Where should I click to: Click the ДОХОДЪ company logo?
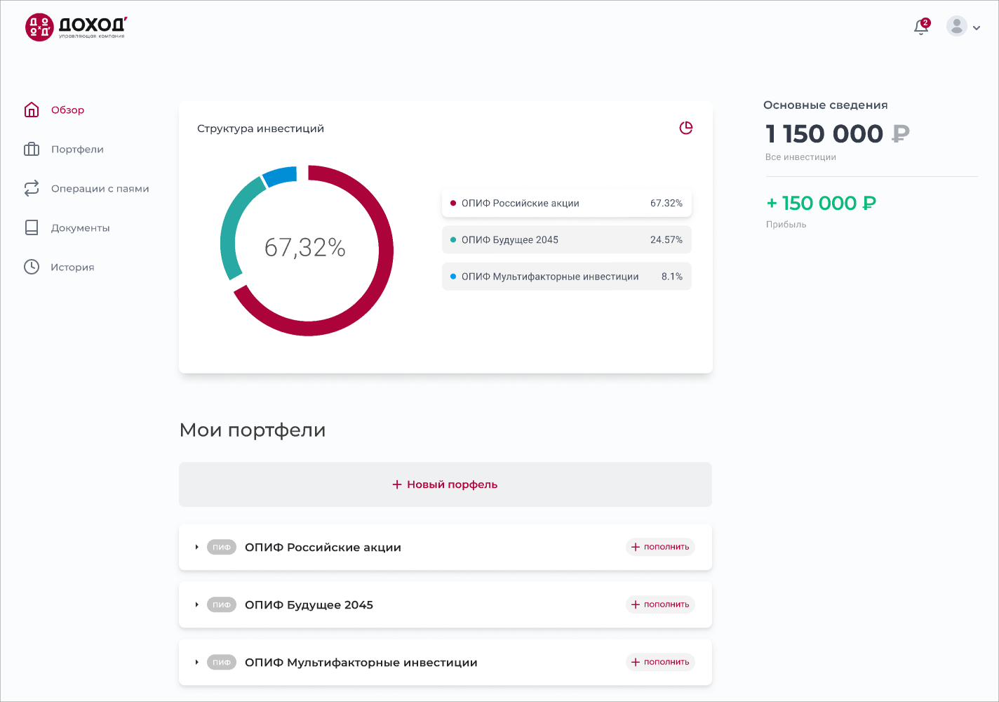(76, 27)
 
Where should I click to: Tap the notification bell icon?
(921, 27)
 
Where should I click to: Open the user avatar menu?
(963, 27)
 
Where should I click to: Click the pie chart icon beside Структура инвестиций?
(686, 128)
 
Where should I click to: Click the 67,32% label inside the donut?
(305, 248)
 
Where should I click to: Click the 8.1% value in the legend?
(671, 277)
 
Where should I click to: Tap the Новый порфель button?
(445, 484)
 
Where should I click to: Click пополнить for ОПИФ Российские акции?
(660, 547)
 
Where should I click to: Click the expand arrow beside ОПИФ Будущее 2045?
(197, 604)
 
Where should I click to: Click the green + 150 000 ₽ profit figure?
(821, 204)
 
